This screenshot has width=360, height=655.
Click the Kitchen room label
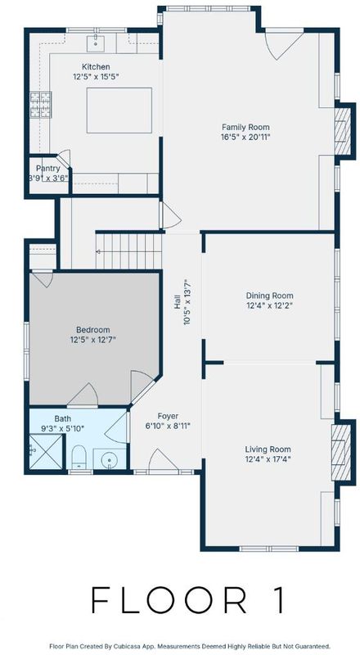[96, 67]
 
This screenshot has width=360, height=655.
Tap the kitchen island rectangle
[119, 111]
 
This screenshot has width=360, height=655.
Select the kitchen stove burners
[41, 105]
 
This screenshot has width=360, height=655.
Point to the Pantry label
[47, 169]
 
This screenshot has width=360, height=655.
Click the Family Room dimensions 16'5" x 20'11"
[245, 137]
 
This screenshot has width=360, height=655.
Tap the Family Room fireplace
[343, 131]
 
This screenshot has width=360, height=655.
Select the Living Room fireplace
[341, 453]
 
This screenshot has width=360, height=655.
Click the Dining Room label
[269, 296]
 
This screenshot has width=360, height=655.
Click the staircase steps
[129, 251]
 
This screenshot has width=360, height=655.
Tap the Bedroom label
[92, 330]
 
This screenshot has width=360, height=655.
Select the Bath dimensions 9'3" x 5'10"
[63, 428]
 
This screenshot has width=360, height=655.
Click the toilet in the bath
[79, 457]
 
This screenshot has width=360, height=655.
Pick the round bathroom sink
[109, 460]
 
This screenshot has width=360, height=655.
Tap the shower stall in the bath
[46, 451]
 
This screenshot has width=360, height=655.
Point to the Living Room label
[268, 449]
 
